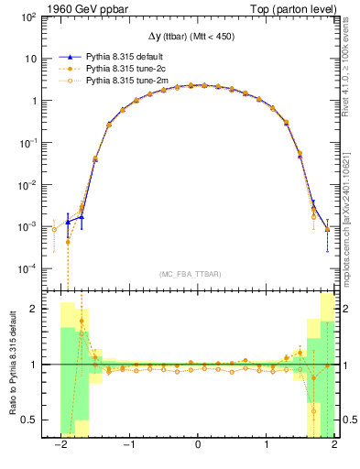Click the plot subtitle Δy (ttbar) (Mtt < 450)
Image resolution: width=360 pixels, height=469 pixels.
(x=197, y=36)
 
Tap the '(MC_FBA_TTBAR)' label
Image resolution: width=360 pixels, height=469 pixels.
(x=197, y=273)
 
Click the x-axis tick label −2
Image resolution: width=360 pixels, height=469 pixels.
(x=60, y=446)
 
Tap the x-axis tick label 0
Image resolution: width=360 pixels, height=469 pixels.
(x=198, y=446)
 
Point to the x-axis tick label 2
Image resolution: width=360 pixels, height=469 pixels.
(x=334, y=446)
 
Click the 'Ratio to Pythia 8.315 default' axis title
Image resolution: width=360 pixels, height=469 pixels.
(x=13, y=365)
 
